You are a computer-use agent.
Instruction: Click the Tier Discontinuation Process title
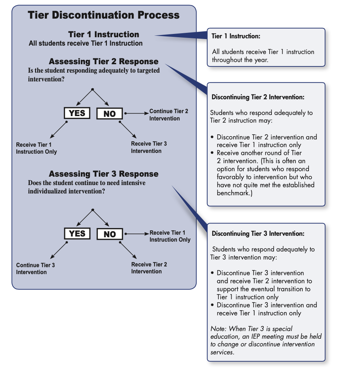coord(104,15)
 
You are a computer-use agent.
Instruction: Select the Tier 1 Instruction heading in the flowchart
coord(104,35)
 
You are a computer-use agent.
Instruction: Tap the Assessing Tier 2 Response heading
coord(104,61)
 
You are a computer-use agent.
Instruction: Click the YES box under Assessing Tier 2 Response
coord(77,113)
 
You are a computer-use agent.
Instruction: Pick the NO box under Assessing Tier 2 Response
coord(109,114)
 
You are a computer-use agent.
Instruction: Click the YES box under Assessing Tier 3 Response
coord(77,234)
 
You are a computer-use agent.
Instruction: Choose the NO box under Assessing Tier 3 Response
coord(109,234)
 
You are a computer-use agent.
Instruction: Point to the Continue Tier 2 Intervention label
coord(169,115)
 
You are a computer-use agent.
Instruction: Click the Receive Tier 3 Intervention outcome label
coord(149,147)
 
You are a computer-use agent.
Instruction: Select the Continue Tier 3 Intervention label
coord(35,269)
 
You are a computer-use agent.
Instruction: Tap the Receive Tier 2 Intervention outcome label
coord(149,268)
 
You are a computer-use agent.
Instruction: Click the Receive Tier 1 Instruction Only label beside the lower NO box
coord(170,236)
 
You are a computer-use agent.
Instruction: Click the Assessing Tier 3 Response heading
coord(104,174)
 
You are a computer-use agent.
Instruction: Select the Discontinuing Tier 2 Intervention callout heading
coord(258,97)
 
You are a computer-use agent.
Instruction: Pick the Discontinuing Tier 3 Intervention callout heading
coord(258,234)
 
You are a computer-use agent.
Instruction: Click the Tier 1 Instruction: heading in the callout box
coord(236,36)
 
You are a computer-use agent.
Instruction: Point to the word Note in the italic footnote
coord(218,329)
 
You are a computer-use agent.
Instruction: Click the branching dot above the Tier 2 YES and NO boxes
coord(93,89)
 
